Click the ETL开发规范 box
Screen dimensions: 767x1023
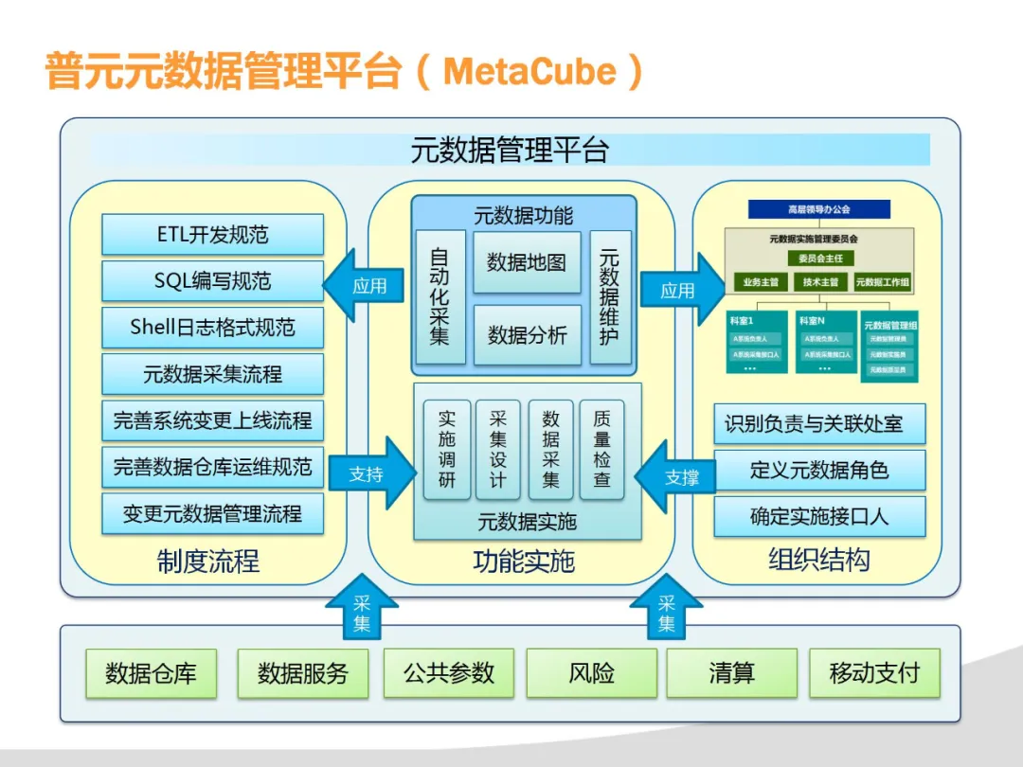point(212,234)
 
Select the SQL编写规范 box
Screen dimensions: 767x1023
point(212,280)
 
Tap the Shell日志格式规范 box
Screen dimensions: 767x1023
point(212,328)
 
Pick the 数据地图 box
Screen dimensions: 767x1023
point(527,262)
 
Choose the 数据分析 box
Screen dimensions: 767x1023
point(527,335)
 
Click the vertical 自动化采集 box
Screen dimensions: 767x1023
point(440,296)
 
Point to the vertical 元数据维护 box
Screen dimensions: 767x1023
point(609,296)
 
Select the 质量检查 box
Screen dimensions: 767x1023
point(601,450)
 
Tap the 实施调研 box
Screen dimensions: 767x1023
point(447,450)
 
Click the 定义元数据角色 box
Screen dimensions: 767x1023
point(819,470)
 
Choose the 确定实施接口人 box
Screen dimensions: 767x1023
point(819,517)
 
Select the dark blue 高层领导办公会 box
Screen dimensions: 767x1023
point(819,209)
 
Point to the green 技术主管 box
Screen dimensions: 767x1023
point(820,282)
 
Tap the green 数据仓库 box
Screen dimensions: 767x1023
point(152,673)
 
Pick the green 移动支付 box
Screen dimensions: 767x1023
point(874,673)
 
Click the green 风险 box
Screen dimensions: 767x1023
point(592,673)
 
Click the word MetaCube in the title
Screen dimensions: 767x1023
point(530,72)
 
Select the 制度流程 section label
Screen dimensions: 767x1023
point(208,562)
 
